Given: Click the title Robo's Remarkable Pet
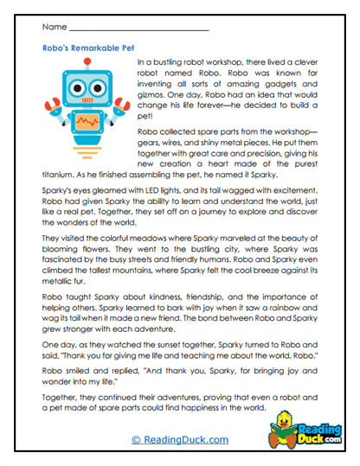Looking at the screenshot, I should pos(87,50).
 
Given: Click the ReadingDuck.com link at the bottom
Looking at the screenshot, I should pos(180,440).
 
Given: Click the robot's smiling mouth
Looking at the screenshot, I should pos(87,99).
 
